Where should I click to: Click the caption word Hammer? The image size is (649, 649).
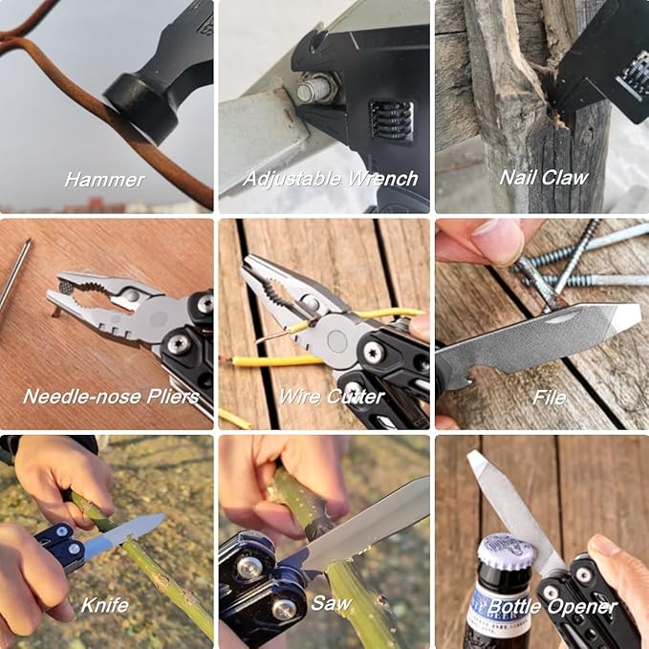(105, 179)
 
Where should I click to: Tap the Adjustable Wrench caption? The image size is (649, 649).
(330, 179)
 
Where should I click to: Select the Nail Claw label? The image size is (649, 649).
(543, 178)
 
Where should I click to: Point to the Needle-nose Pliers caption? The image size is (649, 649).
(111, 397)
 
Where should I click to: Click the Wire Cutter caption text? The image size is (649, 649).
(331, 397)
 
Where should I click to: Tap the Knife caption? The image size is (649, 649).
(104, 604)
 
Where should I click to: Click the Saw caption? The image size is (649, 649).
(331, 604)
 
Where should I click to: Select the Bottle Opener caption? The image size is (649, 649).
(552, 606)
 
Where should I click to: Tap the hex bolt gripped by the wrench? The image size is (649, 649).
(315, 91)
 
